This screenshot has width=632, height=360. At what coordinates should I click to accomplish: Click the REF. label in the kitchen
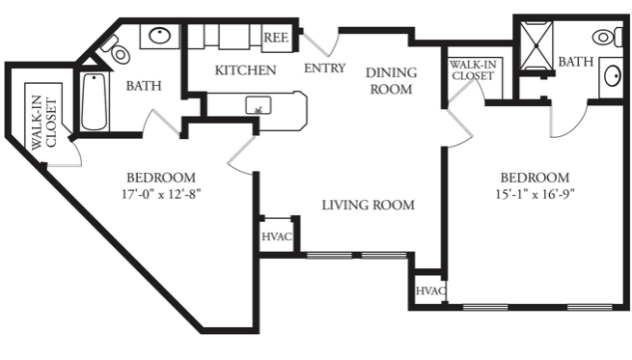coord(276,38)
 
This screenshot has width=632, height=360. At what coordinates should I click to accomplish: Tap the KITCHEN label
coord(245,70)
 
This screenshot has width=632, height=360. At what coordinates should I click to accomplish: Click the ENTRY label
coord(324,68)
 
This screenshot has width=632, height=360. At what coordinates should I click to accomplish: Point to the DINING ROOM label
coord(391,81)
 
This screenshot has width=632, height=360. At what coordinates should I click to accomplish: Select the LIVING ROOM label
coord(368,205)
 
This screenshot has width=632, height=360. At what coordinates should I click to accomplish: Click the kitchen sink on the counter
coord(259,105)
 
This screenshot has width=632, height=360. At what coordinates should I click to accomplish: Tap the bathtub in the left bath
coord(94,101)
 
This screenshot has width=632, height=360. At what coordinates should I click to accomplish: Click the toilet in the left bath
coord(117,50)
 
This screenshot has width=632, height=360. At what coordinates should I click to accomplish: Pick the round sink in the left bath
coord(160,36)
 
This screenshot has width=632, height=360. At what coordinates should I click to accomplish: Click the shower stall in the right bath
coord(536,46)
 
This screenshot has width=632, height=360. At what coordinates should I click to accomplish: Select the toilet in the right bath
coord(607,37)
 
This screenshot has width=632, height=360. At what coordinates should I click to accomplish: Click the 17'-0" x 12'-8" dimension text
coord(161,194)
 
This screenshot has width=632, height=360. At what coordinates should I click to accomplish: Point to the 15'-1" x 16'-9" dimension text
coord(535,194)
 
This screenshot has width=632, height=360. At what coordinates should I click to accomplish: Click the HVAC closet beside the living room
coord(277,235)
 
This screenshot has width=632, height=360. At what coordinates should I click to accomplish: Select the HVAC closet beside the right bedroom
coord(430,291)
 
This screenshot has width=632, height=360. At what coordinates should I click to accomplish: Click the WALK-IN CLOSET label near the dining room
coord(473,70)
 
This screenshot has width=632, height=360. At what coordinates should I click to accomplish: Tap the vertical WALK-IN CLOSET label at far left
coord(43,123)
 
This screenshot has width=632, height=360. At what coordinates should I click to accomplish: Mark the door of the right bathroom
coord(569,119)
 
